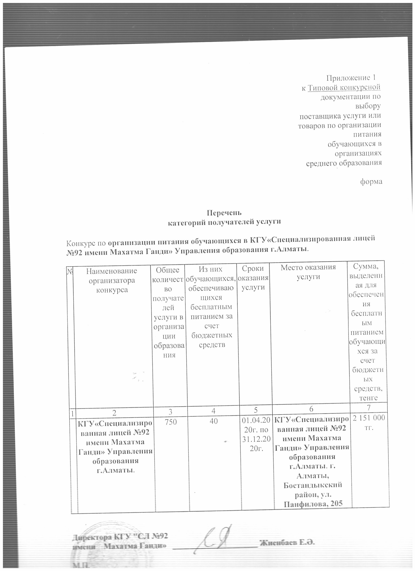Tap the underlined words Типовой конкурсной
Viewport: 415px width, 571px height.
(344, 88)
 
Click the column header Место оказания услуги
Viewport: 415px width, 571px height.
(308, 272)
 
